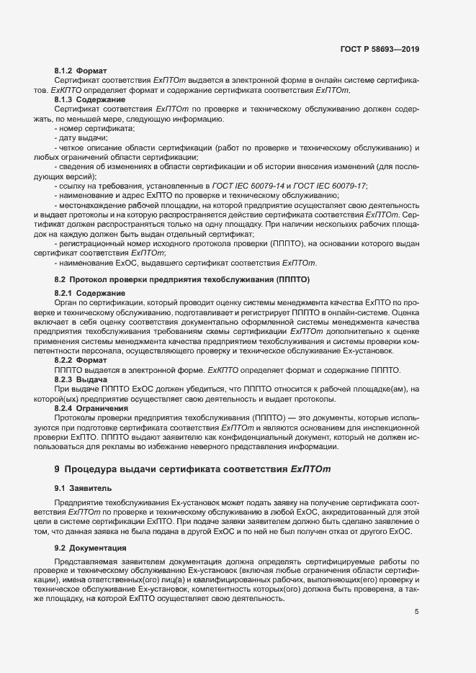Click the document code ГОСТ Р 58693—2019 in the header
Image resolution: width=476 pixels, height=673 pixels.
click(x=380, y=50)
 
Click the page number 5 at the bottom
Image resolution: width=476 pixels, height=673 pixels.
click(x=416, y=613)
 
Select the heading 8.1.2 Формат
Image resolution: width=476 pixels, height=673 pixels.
click(x=81, y=71)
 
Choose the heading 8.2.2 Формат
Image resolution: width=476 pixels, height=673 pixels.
click(x=81, y=360)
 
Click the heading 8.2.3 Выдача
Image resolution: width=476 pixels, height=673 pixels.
click(x=81, y=379)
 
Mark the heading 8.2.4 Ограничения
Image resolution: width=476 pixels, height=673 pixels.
click(x=89, y=408)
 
